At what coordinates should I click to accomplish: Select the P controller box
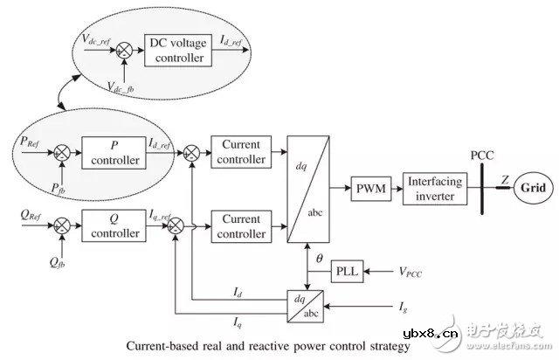110,151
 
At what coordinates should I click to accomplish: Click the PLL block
346,273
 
